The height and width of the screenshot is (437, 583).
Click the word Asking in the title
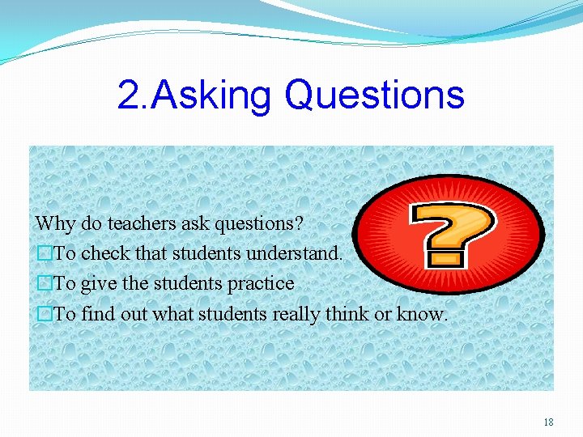(x=212, y=95)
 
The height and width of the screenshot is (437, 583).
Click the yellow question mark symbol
(x=451, y=234)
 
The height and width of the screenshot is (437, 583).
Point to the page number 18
(x=548, y=422)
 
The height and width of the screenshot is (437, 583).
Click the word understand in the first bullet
(x=294, y=253)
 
